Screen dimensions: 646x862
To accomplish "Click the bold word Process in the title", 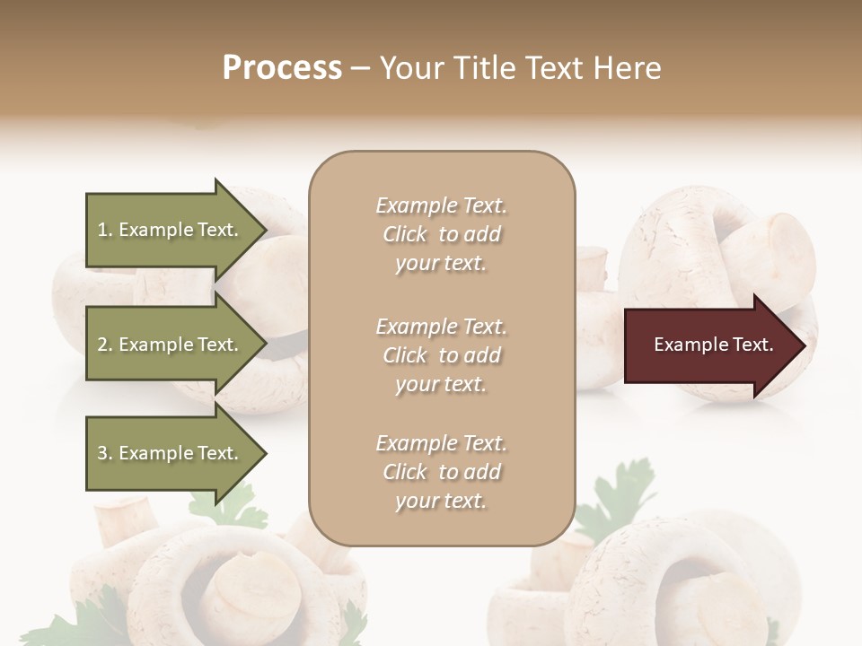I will [282, 68].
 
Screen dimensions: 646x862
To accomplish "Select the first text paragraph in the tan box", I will [441, 234].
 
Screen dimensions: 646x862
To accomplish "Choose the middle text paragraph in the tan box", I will [441, 355].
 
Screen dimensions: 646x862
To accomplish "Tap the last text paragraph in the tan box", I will [441, 472].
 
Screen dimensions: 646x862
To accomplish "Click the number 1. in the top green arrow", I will [104, 230].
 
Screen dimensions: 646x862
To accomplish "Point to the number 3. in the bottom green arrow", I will [104, 453].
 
